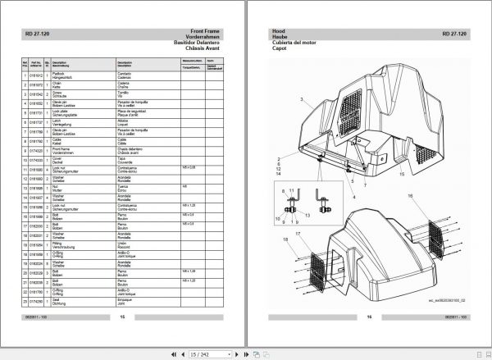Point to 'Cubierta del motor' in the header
pyautogui.click(x=290, y=43)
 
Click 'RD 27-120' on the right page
pyautogui.click(x=454, y=34)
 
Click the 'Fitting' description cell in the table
pyautogui.click(x=81, y=244)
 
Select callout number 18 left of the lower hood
pyautogui.click(x=285, y=239)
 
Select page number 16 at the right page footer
pyautogui.click(x=369, y=317)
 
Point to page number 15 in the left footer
pyautogui.click(x=122, y=317)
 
